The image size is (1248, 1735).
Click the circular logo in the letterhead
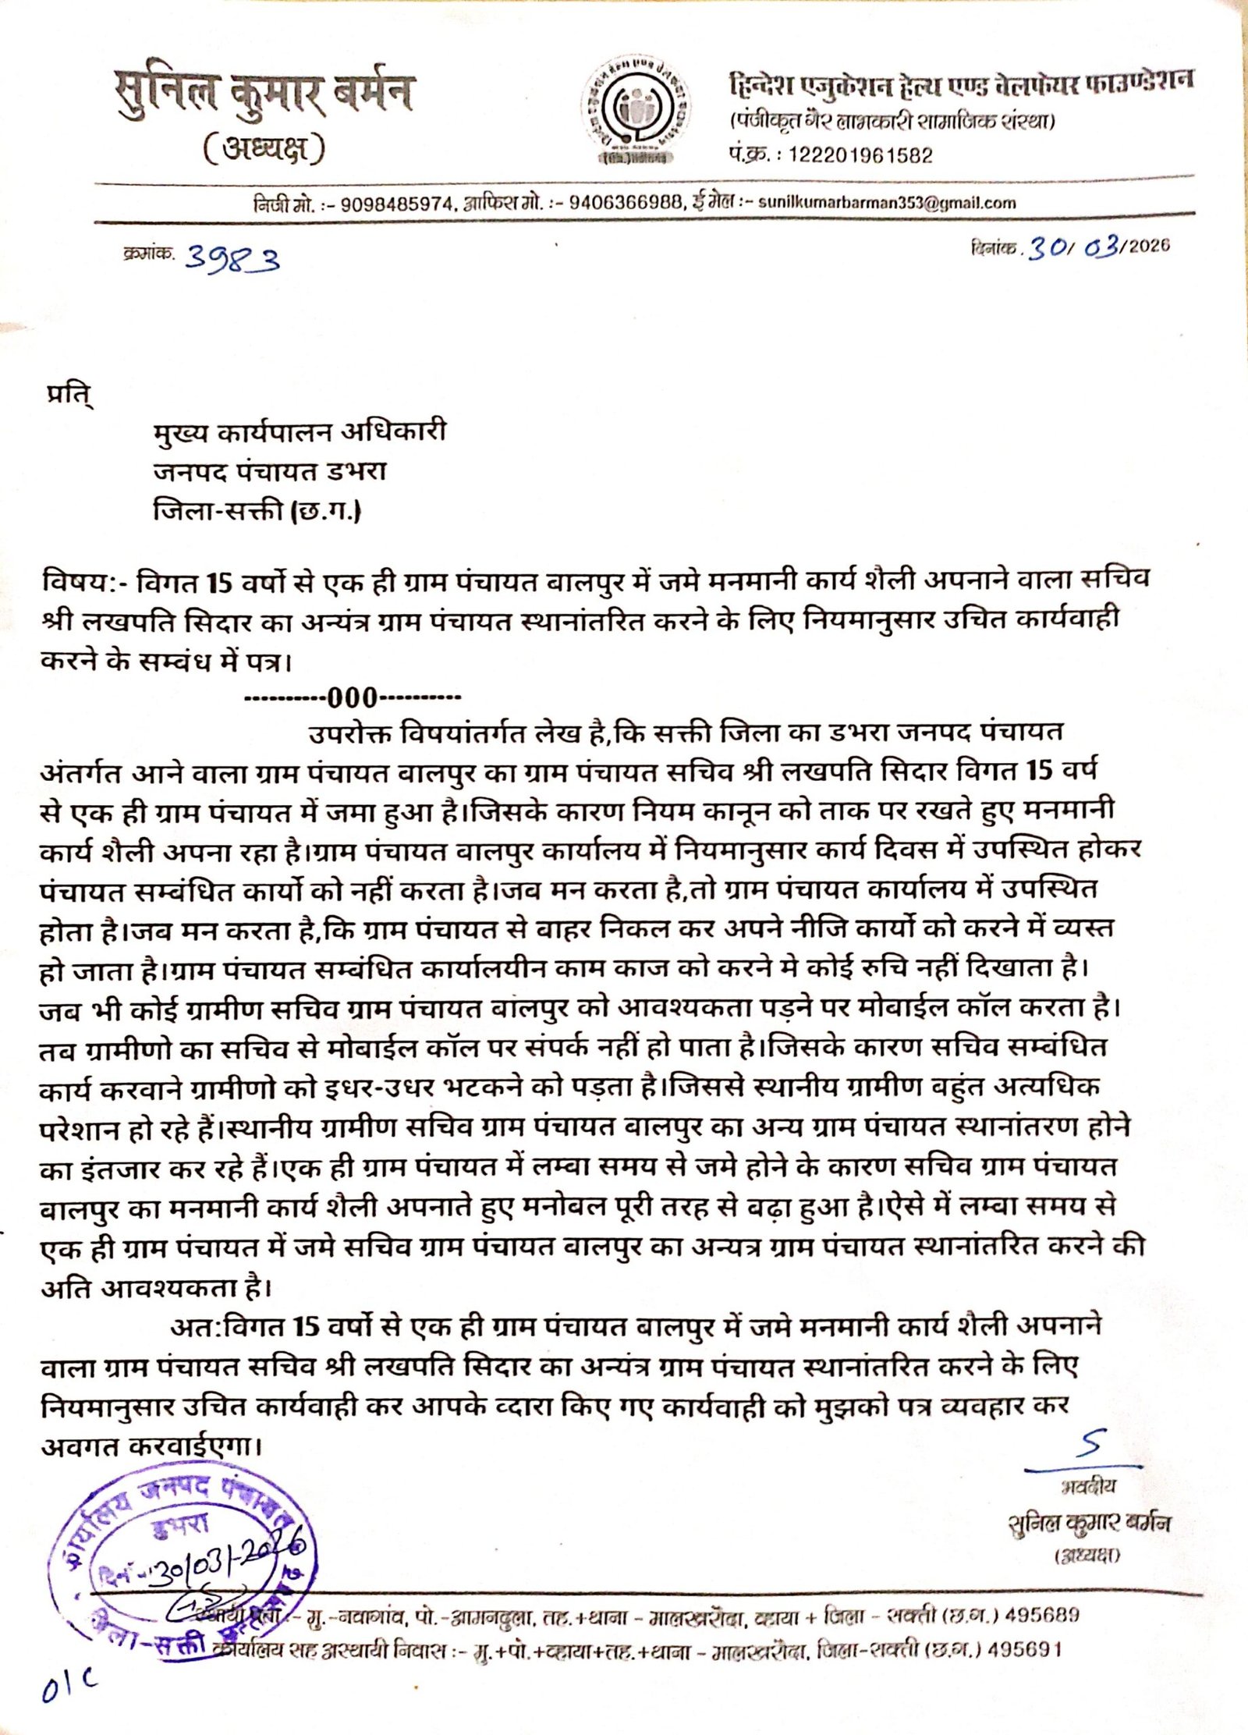(635, 111)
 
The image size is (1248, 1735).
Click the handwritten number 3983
(232, 257)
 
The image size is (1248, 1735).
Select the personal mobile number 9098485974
(397, 205)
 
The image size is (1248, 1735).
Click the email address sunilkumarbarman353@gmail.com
(887, 203)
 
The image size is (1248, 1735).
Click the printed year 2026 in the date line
(1149, 246)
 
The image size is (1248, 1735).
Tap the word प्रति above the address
(69, 396)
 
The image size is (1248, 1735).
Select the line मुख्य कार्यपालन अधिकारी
(300, 431)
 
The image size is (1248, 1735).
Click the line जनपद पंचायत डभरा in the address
(270, 471)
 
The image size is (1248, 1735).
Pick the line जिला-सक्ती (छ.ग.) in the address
(257, 511)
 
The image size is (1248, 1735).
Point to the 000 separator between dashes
(353, 697)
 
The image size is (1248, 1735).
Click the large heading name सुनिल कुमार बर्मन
(264, 94)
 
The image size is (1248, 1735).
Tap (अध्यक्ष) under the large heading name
(264, 148)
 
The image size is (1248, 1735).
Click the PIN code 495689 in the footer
(1042, 1614)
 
